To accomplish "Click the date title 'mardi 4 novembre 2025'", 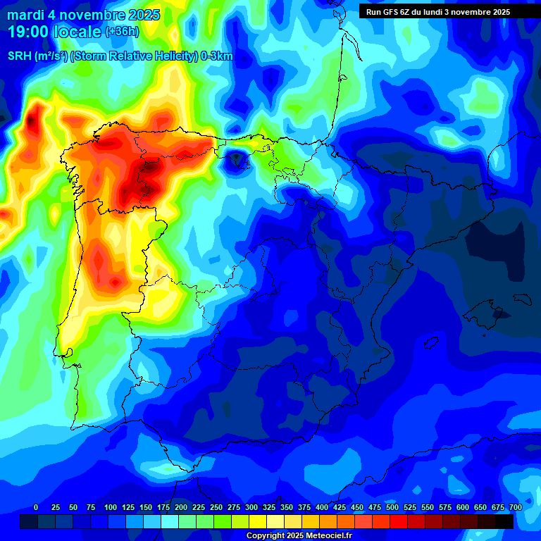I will tap(83, 15).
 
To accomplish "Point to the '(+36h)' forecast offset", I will tap(122, 32).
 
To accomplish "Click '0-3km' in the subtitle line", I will tap(217, 56).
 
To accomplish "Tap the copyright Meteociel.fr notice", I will tap(298, 536).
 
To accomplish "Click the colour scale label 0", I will tap(36, 507).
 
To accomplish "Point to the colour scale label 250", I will tap(216, 507).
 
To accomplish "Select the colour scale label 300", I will tap(251, 507).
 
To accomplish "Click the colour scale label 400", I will tap(322, 507).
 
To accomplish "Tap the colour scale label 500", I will tap(392, 507).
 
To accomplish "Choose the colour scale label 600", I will tap(463, 507).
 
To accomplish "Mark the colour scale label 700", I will tap(516, 507).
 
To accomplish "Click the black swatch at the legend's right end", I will tap(504, 521).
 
